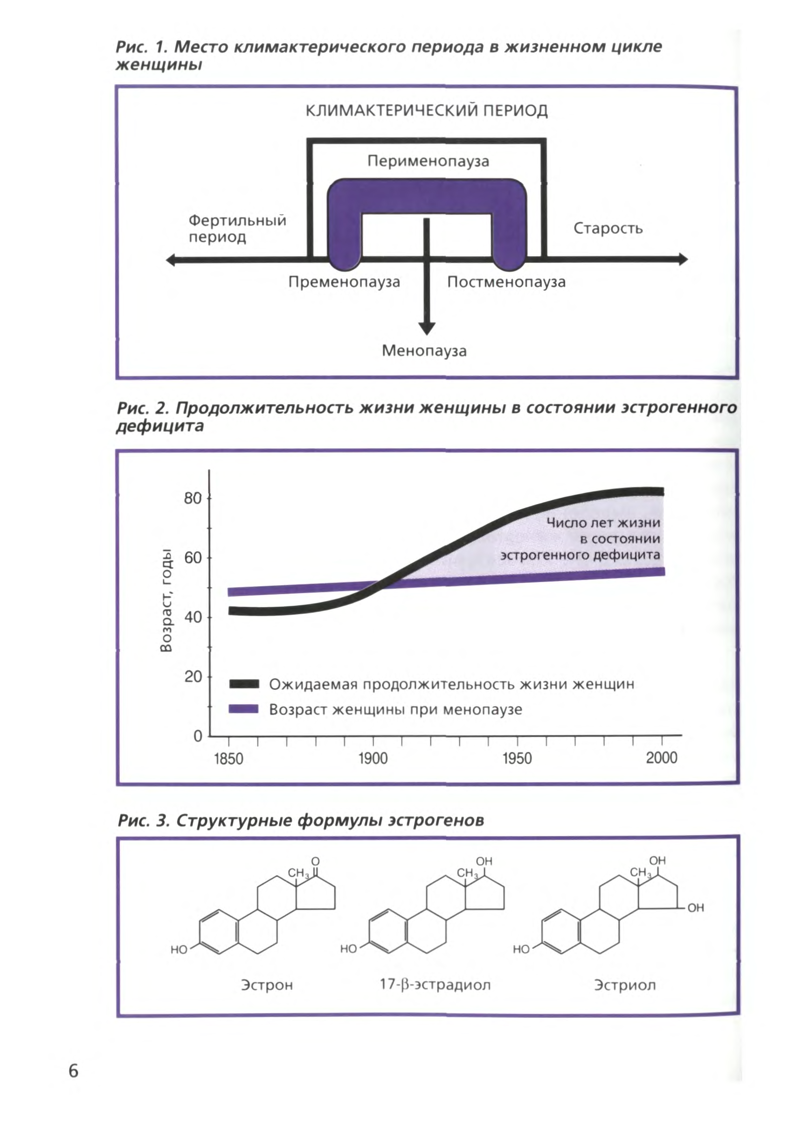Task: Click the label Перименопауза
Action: pos(428,161)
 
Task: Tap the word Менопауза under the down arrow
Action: pos(424,351)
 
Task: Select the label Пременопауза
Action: pos(344,282)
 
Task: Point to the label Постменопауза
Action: pos(506,282)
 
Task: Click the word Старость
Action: pos(608,228)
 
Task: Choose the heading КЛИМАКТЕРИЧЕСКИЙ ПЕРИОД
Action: pos(427,111)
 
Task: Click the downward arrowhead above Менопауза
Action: pos(427,328)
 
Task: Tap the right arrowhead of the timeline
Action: pos(683,259)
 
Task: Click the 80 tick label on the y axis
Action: pos(193,498)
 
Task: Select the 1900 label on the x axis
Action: pos(373,758)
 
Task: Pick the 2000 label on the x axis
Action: pos(661,758)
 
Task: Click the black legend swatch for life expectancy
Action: pos(244,684)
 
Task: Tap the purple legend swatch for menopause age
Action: pos(244,709)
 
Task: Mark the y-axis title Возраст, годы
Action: pos(166,600)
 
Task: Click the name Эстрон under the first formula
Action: pos(267,985)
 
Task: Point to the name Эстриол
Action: pos(625,985)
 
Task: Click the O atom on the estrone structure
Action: pos(316,861)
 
